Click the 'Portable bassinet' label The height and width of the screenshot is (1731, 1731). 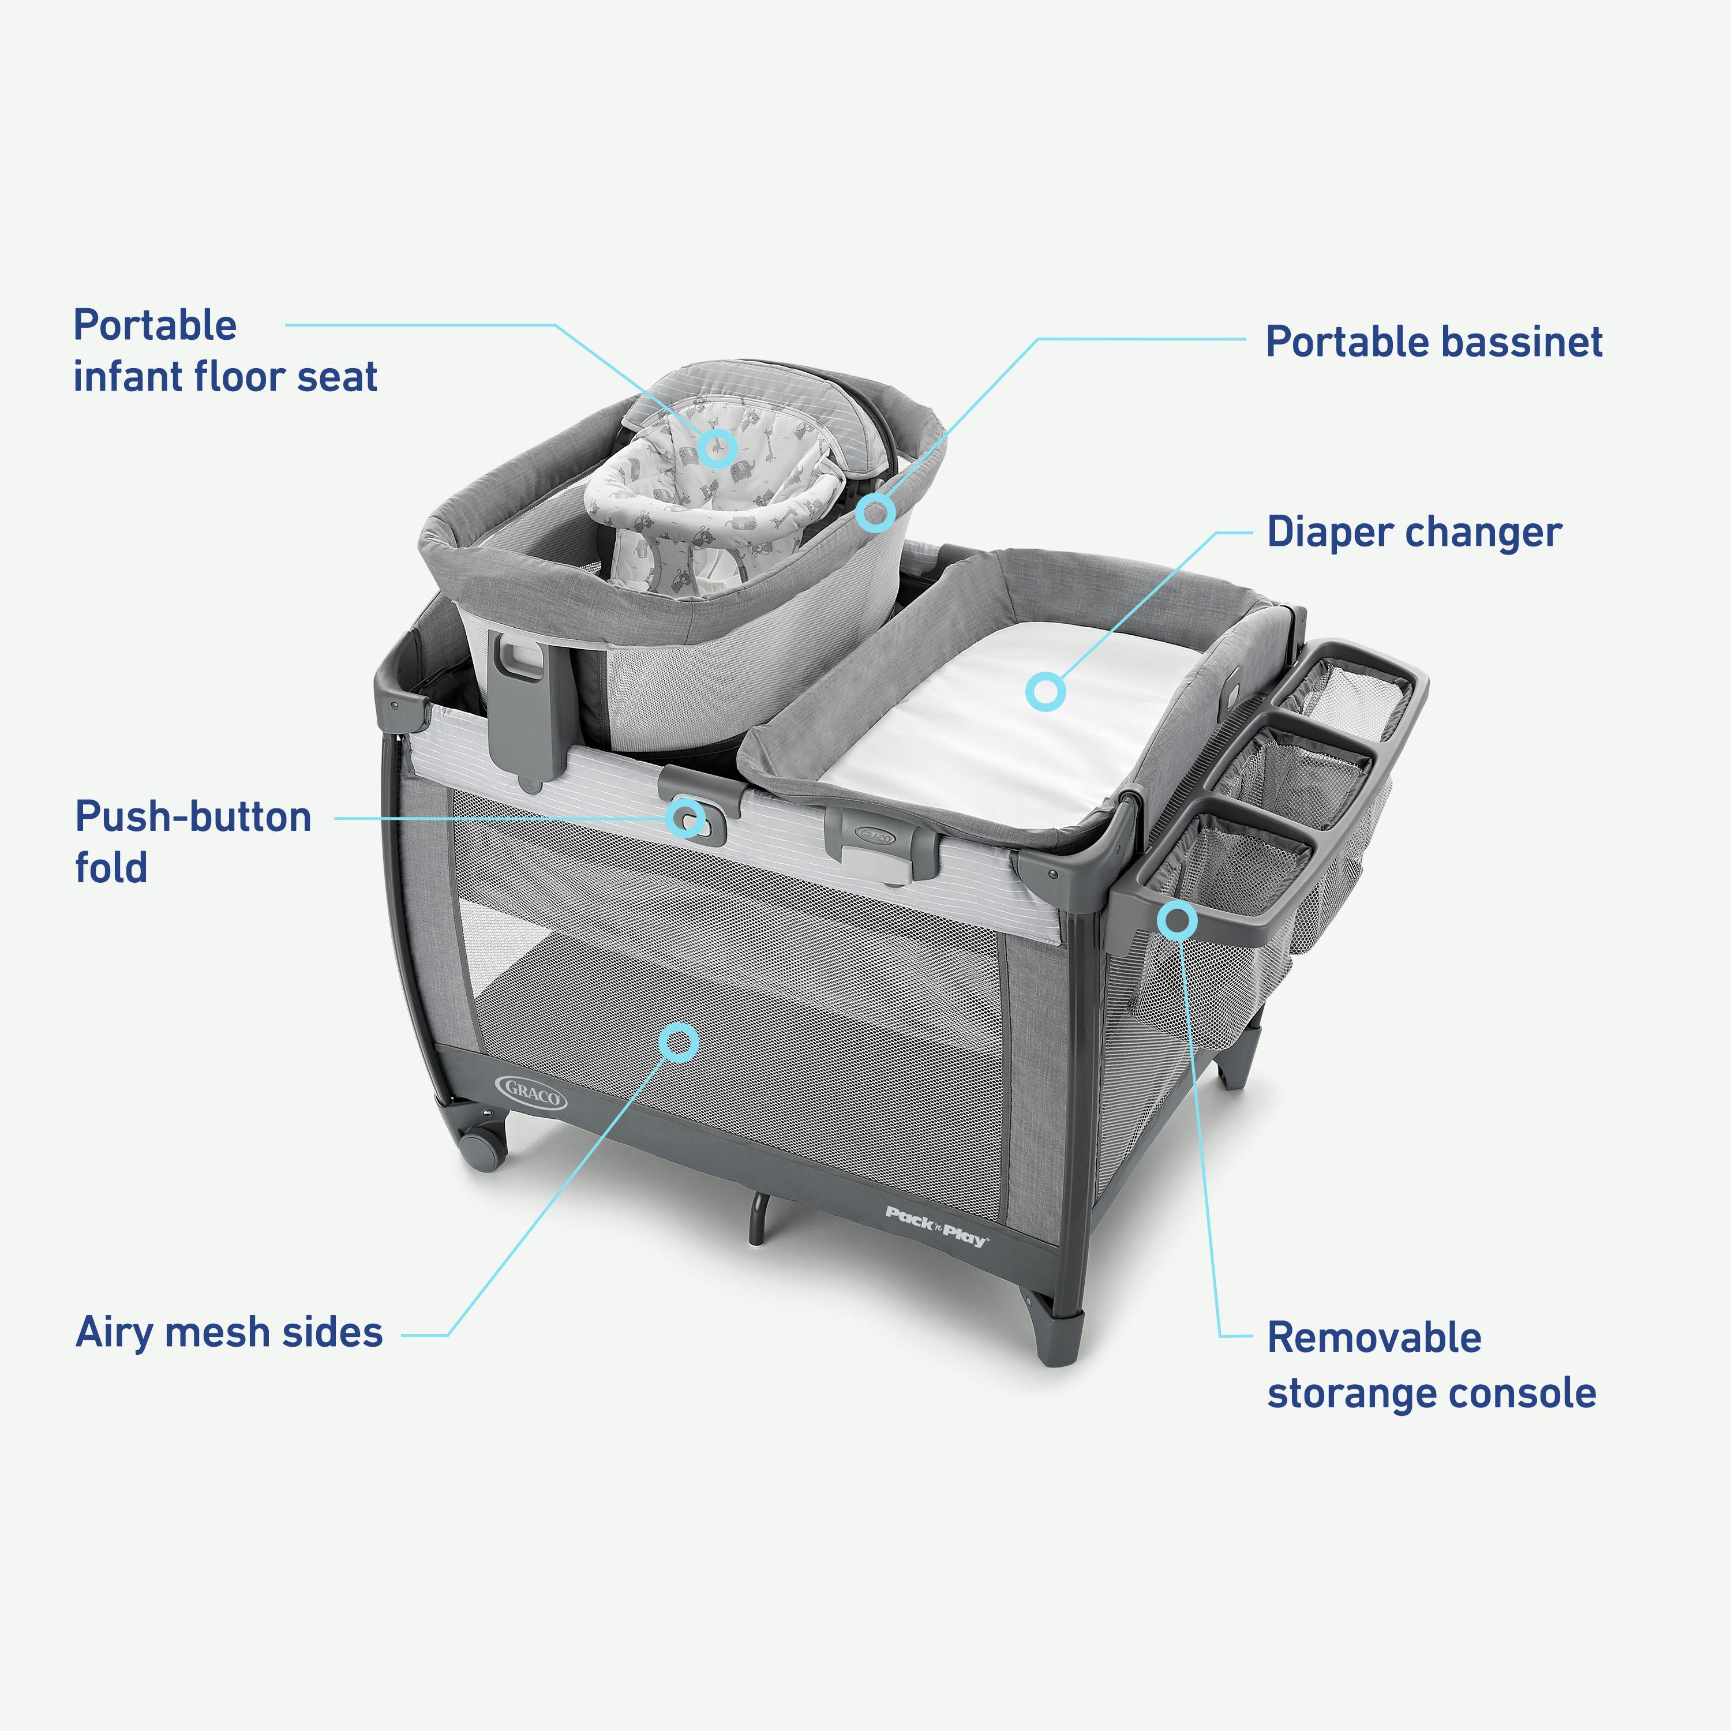point(1433,342)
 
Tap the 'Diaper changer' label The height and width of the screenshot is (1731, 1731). point(1414,532)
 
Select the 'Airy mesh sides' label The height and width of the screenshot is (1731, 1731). point(230,1332)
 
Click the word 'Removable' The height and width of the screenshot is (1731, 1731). point(1373,1337)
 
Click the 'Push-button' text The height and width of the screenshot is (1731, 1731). point(193,817)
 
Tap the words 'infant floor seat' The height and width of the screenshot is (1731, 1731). point(225,376)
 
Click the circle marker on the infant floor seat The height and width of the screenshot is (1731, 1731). point(717,446)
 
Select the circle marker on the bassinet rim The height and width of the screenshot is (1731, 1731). point(875,512)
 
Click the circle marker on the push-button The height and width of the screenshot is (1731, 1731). point(686,817)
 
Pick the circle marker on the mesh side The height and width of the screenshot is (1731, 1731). point(678,1042)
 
